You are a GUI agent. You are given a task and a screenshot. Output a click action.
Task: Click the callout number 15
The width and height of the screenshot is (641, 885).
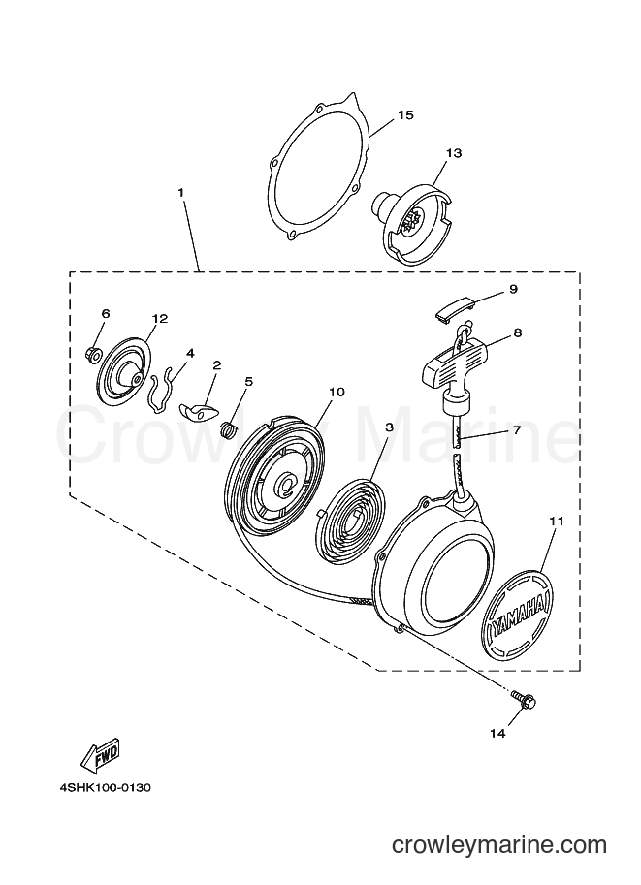coord(405,115)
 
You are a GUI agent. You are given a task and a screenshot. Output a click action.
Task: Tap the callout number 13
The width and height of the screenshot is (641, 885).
coord(454,153)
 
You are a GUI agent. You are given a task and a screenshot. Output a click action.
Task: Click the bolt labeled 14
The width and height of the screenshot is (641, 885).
coord(524,701)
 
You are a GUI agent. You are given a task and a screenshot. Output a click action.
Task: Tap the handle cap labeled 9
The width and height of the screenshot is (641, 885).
coord(455,307)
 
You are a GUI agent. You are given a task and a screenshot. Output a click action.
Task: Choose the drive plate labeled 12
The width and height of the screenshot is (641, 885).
coord(125,371)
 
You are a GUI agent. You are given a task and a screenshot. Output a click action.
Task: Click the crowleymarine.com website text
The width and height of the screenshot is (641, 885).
coord(498,844)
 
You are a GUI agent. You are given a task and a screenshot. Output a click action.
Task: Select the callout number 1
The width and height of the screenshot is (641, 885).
coord(180,193)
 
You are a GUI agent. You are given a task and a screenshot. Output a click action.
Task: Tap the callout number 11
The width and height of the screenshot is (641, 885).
coord(557,521)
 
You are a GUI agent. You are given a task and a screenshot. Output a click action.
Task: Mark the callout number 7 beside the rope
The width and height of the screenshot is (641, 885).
coord(516,430)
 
